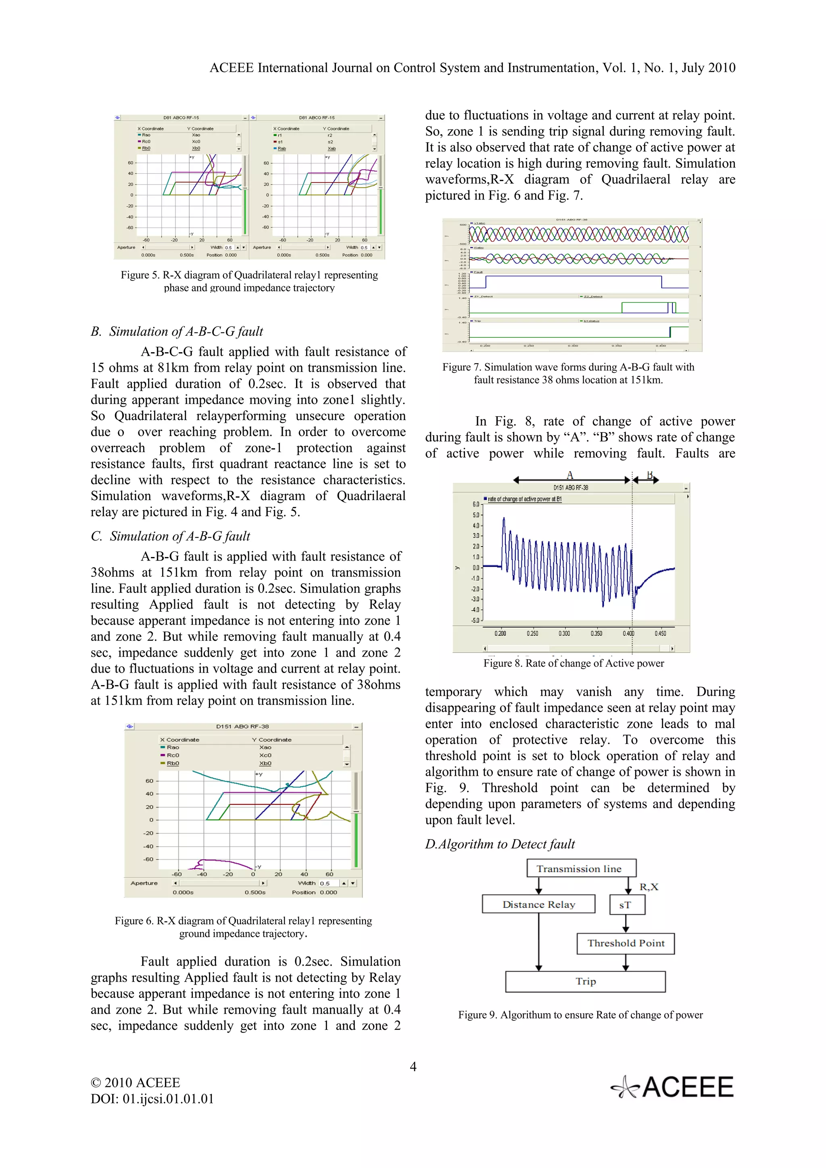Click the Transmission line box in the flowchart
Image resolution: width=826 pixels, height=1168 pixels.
click(x=581, y=869)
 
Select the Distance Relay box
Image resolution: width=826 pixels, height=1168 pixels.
click(x=538, y=904)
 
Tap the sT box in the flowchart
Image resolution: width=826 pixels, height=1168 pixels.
click(x=626, y=905)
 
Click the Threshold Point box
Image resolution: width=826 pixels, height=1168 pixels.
click(x=626, y=943)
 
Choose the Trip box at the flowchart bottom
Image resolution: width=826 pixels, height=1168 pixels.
click(x=585, y=981)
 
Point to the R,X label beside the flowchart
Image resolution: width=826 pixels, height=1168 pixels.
click(x=649, y=887)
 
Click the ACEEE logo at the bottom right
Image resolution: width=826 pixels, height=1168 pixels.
click(x=673, y=1087)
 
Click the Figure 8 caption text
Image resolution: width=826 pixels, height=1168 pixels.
click(x=574, y=663)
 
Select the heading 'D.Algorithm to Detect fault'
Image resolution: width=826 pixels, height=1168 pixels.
click(x=500, y=844)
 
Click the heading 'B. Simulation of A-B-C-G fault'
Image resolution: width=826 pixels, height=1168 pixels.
click(x=177, y=332)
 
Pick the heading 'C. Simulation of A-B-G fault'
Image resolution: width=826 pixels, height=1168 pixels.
click(x=171, y=536)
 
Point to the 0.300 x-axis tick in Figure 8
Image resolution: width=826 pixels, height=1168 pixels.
click(x=564, y=633)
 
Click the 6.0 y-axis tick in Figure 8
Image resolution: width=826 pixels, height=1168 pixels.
click(x=476, y=504)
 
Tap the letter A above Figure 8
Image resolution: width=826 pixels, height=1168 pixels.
click(x=570, y=475)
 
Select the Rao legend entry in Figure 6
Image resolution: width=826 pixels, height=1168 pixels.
click(x=173, y=747)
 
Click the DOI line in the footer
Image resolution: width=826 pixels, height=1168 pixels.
click(x=152, y=1099)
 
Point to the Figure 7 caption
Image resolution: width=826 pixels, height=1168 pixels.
click(x=568, y=373)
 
